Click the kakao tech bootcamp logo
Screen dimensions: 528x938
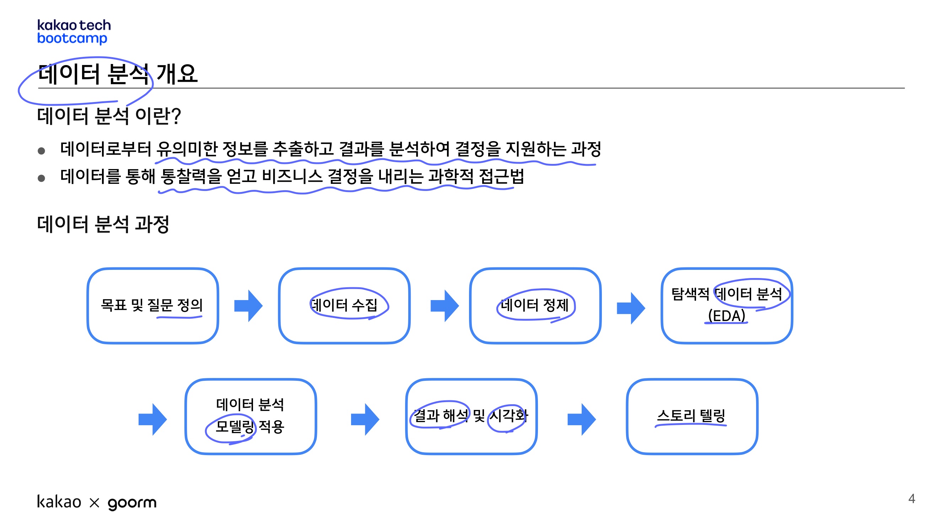[74, 32]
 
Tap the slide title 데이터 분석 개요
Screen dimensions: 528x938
[118, 74]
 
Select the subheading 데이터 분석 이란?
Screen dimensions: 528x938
[109, 116]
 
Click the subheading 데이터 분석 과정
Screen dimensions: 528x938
[103, 224]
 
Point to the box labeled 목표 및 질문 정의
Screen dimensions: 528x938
[152, 306]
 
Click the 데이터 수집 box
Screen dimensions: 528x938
[344, 306]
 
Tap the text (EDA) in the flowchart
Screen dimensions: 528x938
[727, 316]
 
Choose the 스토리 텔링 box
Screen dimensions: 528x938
[692, 416]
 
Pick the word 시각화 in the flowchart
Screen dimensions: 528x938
[508, 416]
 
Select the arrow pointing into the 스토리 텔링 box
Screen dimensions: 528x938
[582, 420]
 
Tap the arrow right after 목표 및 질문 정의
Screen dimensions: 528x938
[248, 306]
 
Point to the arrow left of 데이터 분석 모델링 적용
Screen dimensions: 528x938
[152, 420]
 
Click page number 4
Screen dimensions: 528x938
[911, 498]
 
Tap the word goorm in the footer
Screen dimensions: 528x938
[132, 503]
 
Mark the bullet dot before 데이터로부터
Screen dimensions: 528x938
[42, 151]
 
